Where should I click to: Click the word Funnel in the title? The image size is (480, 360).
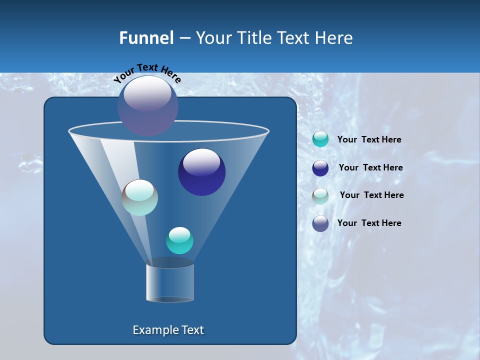click(x=146, y=38)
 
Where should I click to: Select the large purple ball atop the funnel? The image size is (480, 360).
click(x=148, y=105)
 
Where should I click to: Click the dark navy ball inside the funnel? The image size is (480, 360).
click(x=201, y=172)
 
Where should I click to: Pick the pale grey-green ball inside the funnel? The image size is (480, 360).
click(x=139, y=197)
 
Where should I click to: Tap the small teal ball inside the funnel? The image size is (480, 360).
click(x=179, y=240)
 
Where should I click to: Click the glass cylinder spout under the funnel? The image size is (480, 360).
click(x=169, y=282)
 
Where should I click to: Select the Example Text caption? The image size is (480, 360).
click(x=168, y=330)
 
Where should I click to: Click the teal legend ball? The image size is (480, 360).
click(x=320, y=139)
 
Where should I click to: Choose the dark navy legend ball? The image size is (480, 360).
click(x=320, y=168)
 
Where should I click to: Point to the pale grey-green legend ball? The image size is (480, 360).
click(x=320, y=196)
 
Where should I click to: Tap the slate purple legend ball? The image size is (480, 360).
click(x=320, y=223)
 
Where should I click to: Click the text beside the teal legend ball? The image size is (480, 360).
click(x=369, y=140)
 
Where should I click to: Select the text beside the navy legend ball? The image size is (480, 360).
click(x=370, y=167)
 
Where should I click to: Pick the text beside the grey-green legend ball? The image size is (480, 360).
click(x=371, y=195)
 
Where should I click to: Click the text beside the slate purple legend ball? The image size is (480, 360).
click(x=369, y=223)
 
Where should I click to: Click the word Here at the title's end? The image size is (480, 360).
click(x=335, y=38)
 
